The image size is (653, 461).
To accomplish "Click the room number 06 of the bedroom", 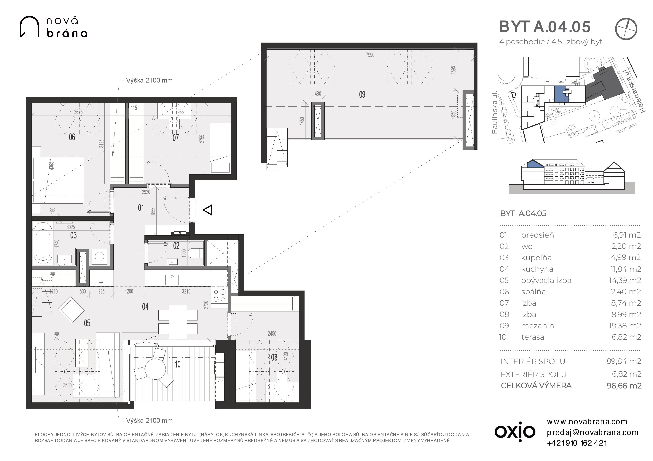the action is (72, 137).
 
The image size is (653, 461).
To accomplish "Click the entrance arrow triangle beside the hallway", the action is (207, 210).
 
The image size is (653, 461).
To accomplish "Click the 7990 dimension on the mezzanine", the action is (370, 55).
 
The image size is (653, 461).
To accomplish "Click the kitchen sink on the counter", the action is (172, 280).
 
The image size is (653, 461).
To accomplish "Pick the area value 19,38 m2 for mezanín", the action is (625, 326).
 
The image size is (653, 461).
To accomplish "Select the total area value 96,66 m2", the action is (624, 386).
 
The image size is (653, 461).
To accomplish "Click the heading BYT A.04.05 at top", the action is (545, 27).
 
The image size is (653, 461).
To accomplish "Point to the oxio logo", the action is (515, 432).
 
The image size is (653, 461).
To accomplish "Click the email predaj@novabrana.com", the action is (593, 432).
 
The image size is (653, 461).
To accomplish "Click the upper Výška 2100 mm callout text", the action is (149, 80).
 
